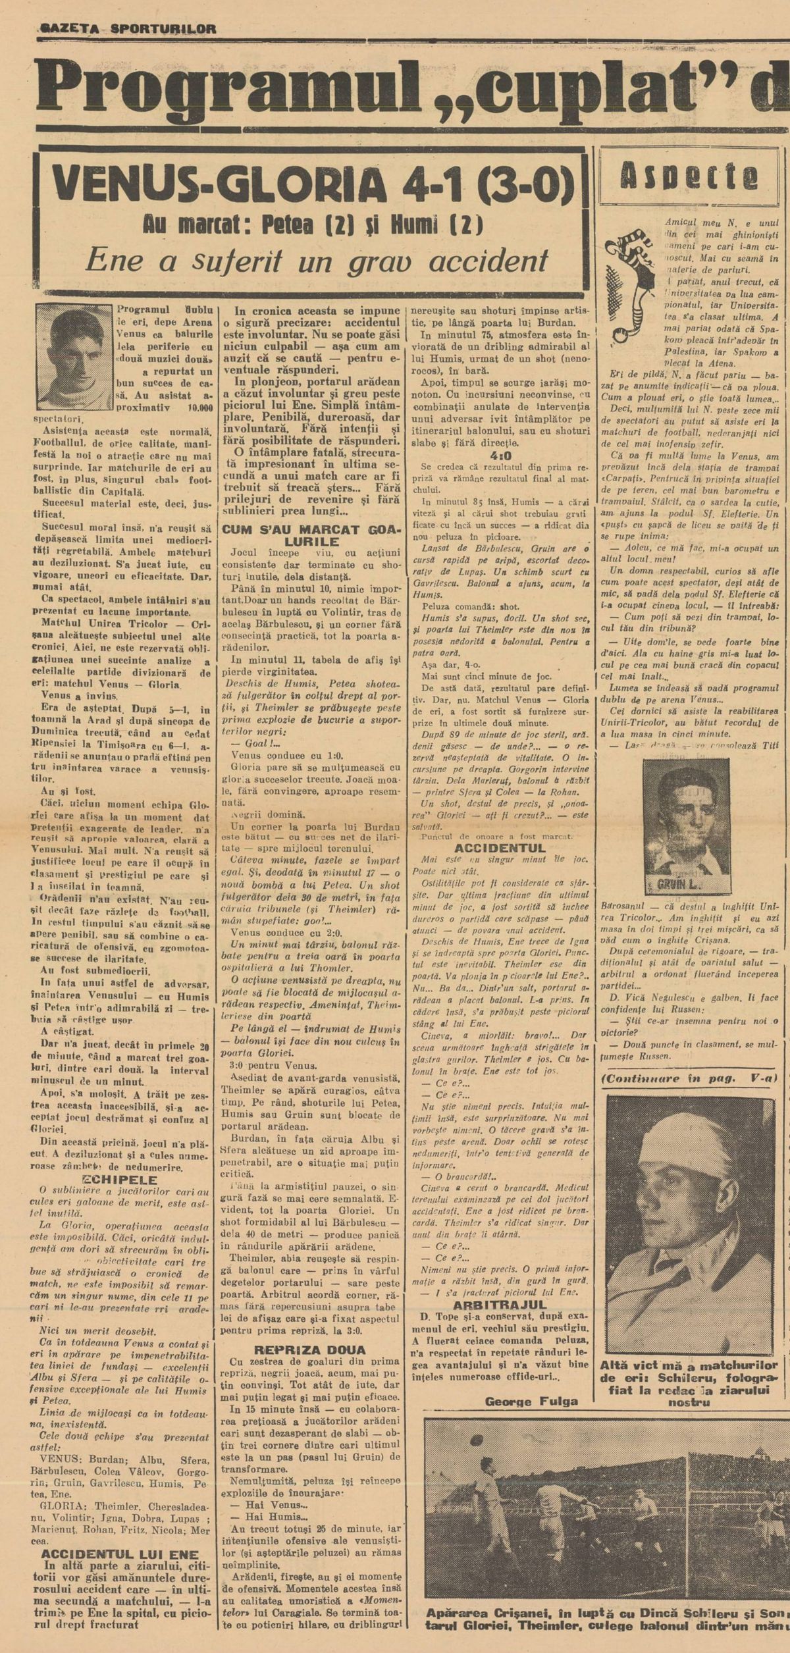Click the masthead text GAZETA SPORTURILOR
click(128, 28)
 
